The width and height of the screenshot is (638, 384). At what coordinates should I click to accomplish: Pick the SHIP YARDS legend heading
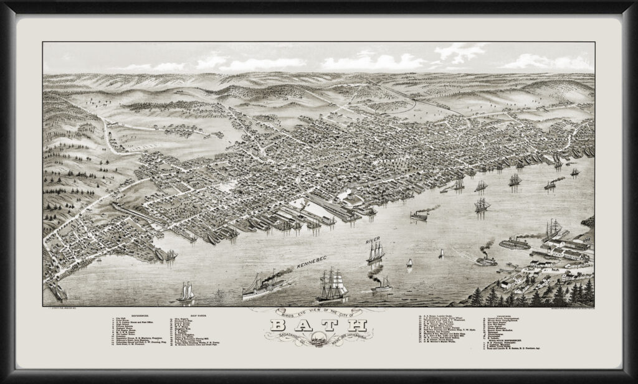pos(182,316)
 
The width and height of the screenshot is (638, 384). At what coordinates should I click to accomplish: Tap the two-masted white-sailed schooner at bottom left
pos(185,292)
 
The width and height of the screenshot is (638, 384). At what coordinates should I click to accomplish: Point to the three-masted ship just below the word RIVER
pos(375,252)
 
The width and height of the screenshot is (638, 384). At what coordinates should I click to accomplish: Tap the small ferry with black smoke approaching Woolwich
pos(485,259)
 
